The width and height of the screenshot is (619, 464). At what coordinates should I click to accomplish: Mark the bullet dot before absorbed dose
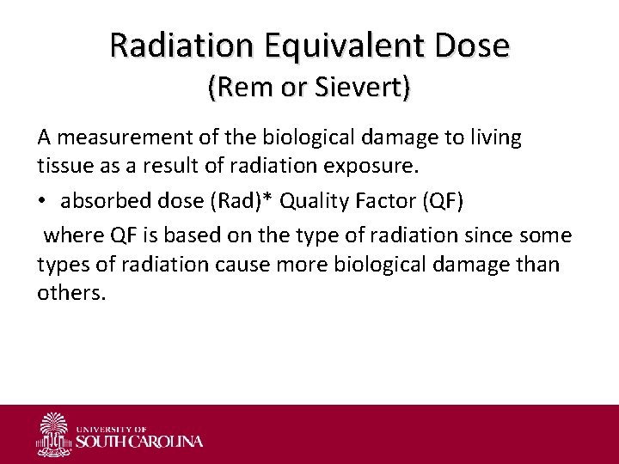tap(42, 201)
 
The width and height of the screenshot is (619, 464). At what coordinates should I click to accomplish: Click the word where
tap(69, 235)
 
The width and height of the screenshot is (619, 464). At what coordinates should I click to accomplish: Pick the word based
tap(169, 235)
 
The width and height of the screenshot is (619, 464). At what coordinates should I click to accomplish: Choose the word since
tap(503, 235)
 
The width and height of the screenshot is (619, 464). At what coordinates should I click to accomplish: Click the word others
tap(71, 293)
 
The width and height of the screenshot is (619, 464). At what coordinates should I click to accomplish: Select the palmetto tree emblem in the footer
tap(54, 434)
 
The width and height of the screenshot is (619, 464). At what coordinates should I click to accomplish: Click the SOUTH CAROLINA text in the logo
tap(140, 442)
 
